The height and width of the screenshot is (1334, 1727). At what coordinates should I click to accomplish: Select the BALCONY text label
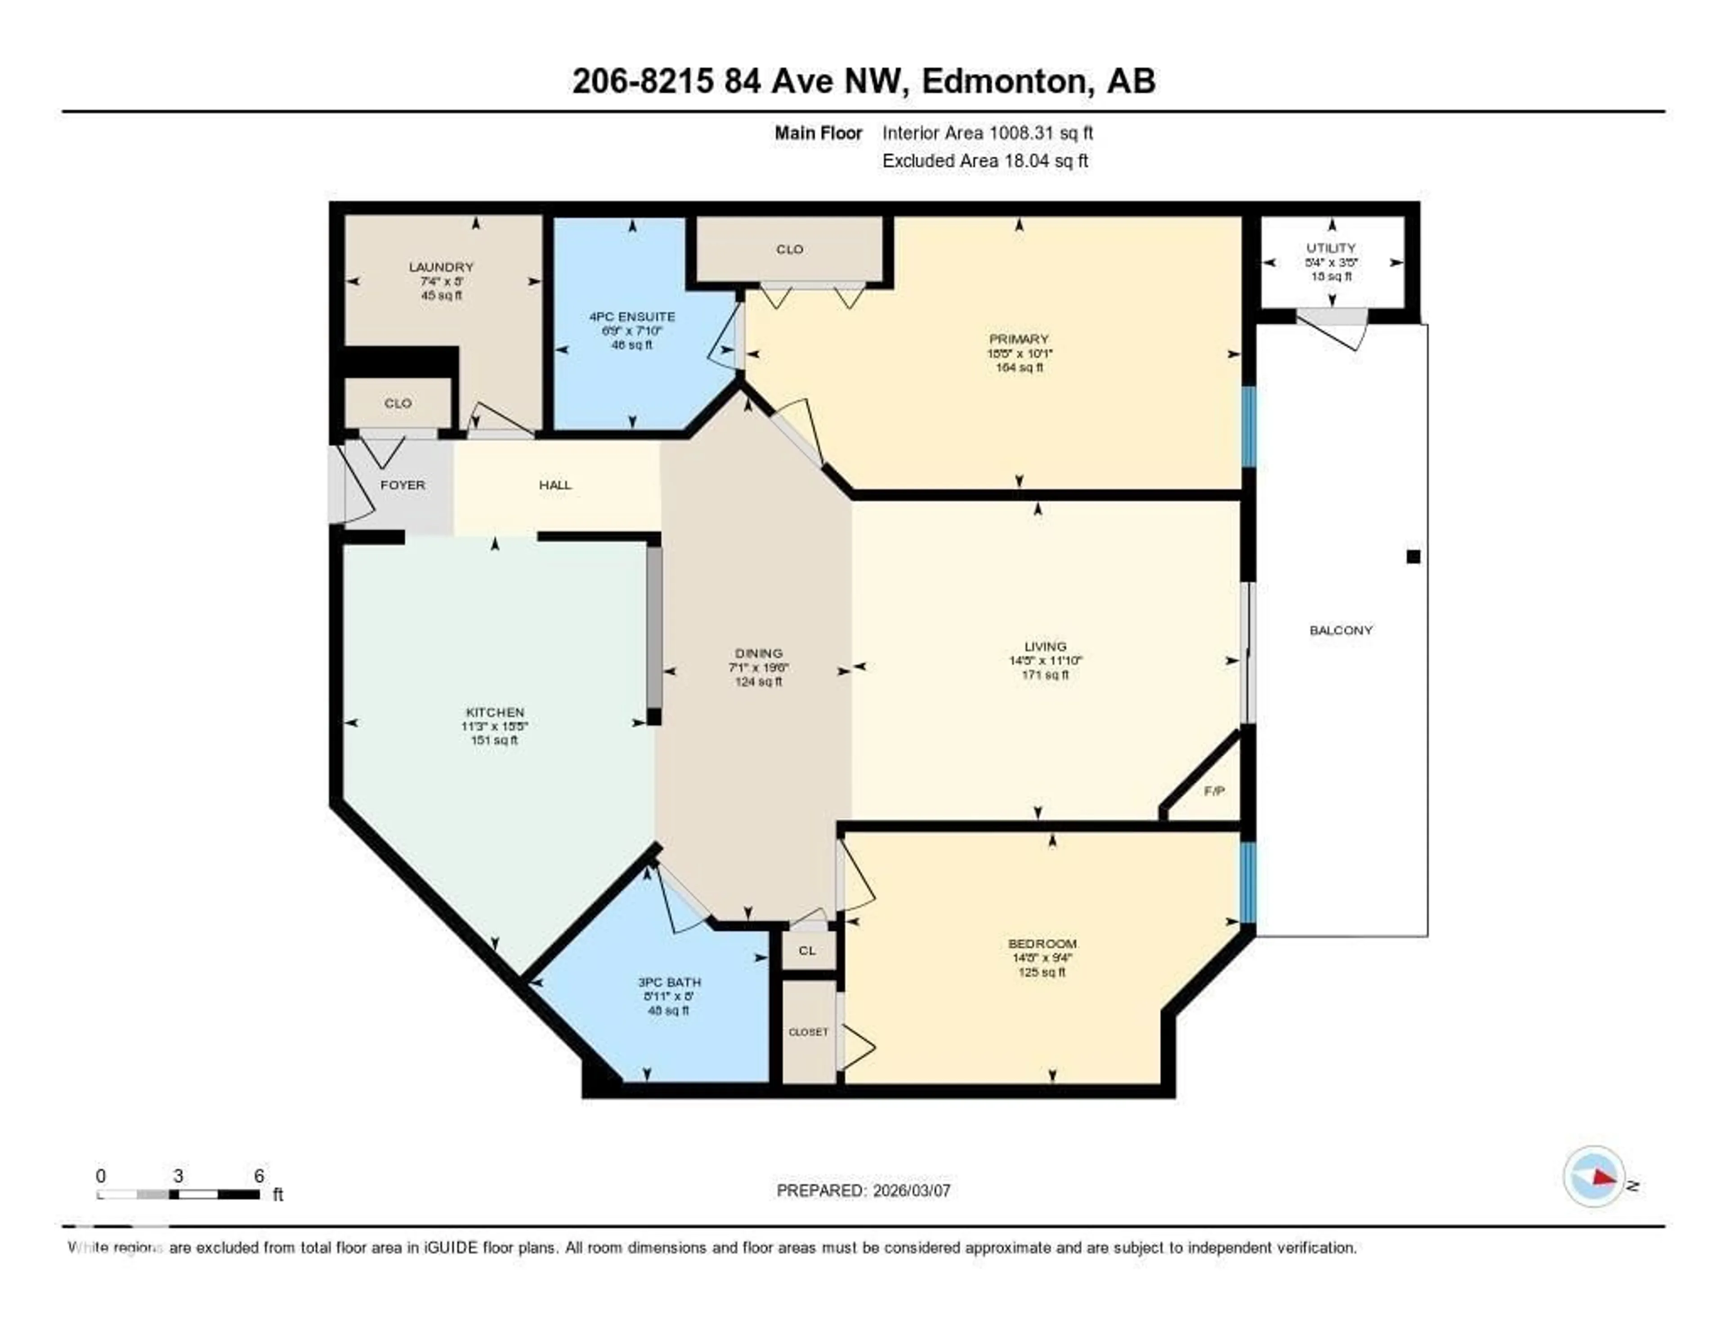[x=1341, y=630]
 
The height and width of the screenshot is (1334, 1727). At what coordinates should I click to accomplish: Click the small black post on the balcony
[x=1413, y=557]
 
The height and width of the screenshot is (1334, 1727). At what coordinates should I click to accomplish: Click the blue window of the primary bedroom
[x=1248, y=426]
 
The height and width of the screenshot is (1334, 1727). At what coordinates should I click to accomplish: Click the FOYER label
[x=403, y=485]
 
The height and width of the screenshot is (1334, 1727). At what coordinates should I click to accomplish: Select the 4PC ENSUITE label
[x=632, y=316]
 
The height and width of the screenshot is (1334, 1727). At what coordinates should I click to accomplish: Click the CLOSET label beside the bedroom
[x=808, y=1032]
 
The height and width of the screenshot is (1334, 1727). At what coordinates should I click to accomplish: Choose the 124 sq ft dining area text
[x=758, y=682]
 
